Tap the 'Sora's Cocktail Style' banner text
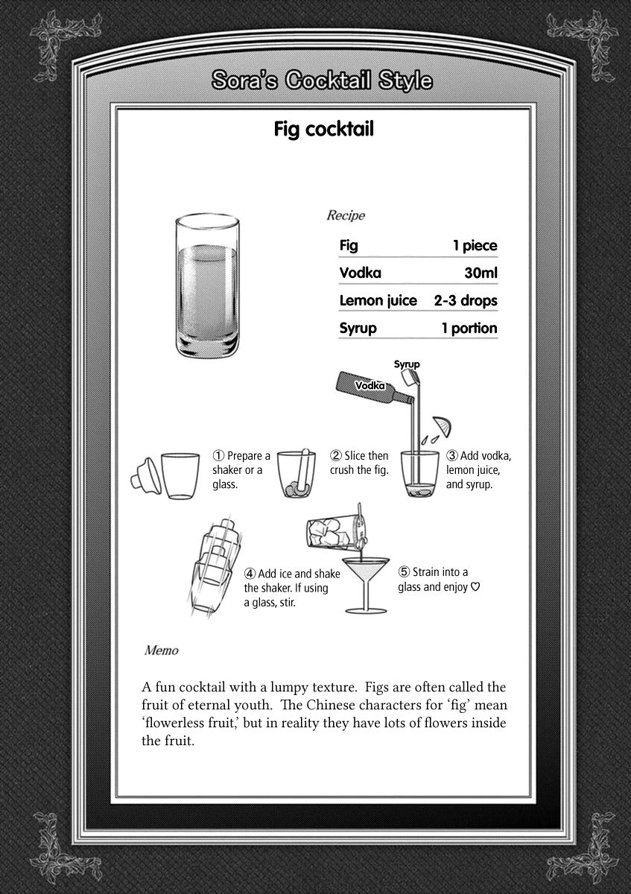[x=321, y=80]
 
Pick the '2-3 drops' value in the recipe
[x=465, y=300]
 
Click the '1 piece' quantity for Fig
[x=474, y=245]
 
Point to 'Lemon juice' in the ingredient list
[x=378, y=300]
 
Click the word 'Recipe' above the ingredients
[x=346, y=216]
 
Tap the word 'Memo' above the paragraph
[x=161, y=650]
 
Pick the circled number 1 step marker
[x=219, y=456]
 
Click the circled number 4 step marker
[x=250, y=574]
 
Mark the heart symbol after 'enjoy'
[x=475, y=586]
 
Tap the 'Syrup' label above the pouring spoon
[x=407, y=364]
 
